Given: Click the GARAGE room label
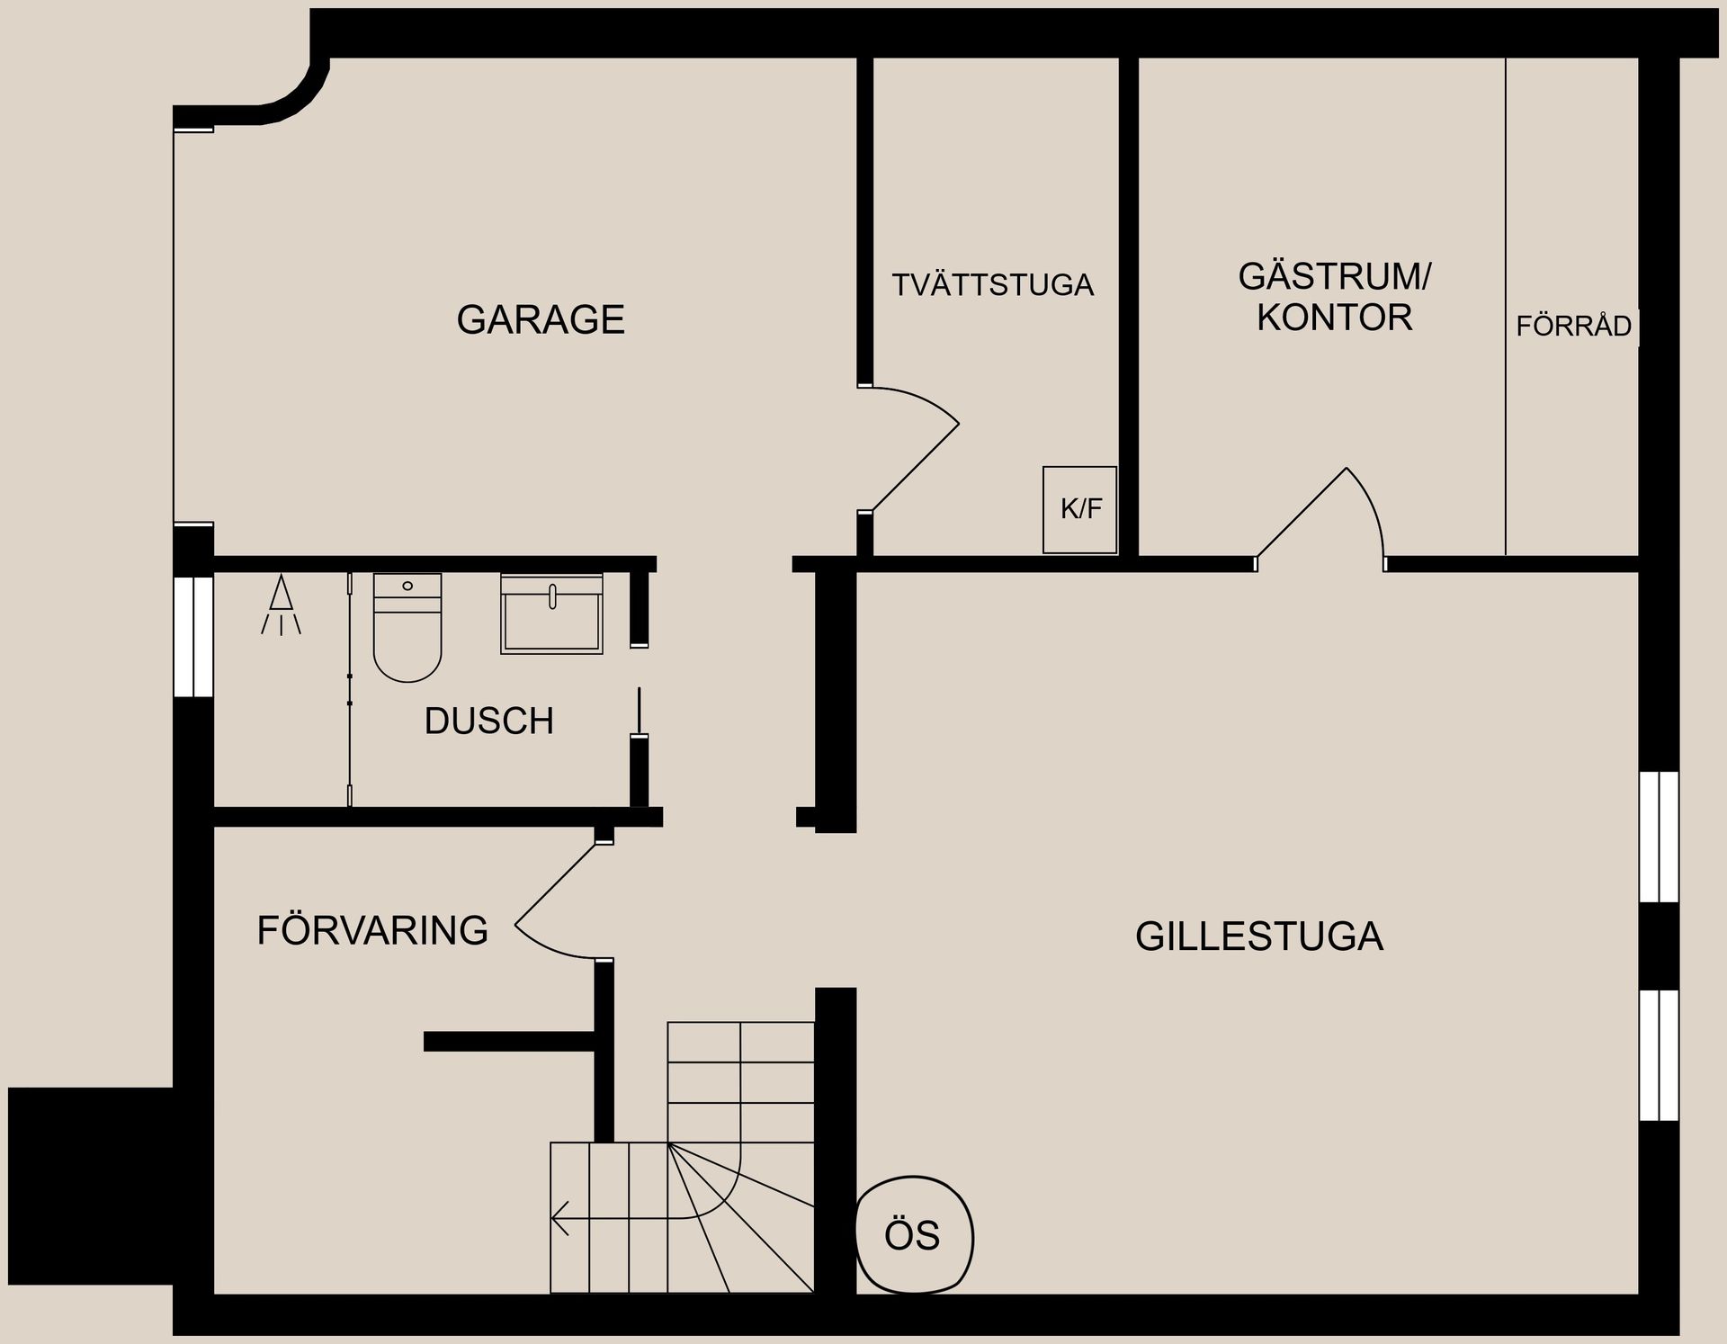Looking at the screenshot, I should click(x=541, y=320).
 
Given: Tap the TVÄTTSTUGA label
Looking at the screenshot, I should click(x=992, y=285).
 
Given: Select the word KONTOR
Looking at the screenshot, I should click(x=1334, y=318).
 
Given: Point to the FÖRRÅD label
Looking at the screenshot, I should click(x=1572, y=326).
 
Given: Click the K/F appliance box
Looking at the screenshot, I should click(x=1079, y=509).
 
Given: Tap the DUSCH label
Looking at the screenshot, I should click(x=488, y=721).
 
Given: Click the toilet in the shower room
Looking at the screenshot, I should click(x=407, y=627).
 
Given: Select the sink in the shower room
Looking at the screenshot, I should click(x=551, y=614).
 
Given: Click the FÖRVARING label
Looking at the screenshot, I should click(x=372, y=930).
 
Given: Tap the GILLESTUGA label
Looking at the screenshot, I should click(x=1258, y=936).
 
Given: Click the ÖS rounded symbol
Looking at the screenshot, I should click(x=913, y=1235).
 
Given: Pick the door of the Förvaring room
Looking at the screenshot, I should click(x=556, y=900).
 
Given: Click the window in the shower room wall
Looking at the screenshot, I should click(x=193, y=636).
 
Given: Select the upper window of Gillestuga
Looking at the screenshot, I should click(x=1659, y=836).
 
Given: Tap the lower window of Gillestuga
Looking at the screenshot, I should click(x=1659, y=1054).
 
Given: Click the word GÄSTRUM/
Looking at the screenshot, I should click(x=1334, y=276).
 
